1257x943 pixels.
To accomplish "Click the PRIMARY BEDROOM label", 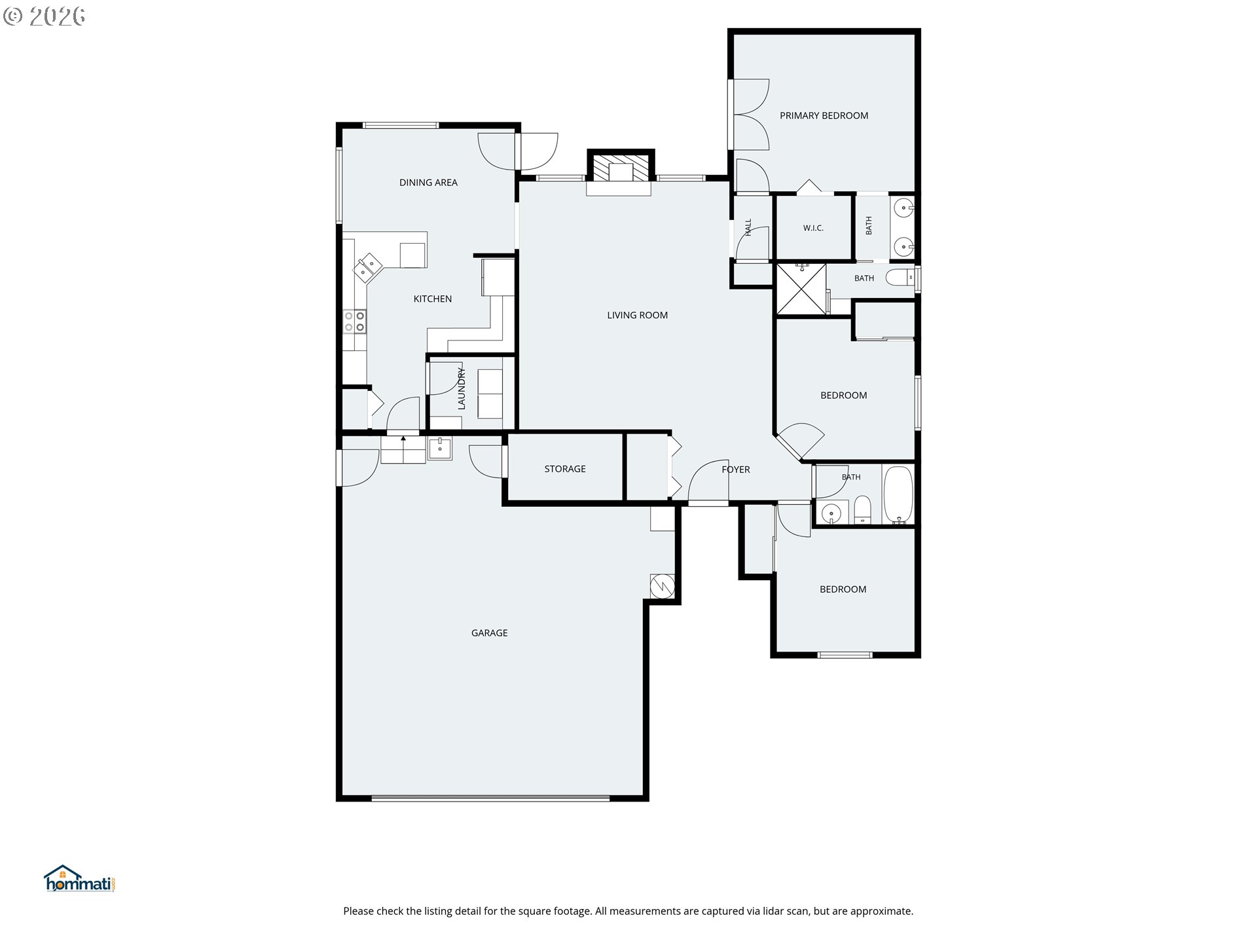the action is coord(824,116).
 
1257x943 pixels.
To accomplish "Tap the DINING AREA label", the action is coord(428,183).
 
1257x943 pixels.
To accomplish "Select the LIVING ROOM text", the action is coord(637,316).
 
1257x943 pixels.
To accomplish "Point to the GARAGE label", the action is coord(489,633).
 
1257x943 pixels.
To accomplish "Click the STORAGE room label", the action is coord(565,469).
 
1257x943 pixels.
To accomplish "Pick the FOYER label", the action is coord(736,470).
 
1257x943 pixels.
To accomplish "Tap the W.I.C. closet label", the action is coord(813,228).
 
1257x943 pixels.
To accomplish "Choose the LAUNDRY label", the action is coord(462,389).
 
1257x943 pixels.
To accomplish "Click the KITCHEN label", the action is coord(432,299).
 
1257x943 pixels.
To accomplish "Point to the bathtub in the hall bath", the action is coord(898,495).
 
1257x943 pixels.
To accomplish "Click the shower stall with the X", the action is coord(801,289).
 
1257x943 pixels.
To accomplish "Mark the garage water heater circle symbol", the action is coord(662,585).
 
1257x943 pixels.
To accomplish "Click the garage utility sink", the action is coord(439,449).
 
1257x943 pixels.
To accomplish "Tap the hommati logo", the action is coord(80,879).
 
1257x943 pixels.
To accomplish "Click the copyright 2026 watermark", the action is coord(45,16).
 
